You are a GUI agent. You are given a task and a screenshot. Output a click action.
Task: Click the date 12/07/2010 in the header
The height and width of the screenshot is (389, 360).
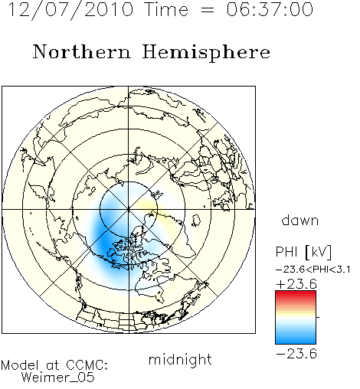(71, 10)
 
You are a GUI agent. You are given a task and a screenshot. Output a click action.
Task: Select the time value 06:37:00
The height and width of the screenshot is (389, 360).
(270, 9)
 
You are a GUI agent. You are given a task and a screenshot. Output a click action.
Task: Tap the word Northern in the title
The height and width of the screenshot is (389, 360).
(82, 51)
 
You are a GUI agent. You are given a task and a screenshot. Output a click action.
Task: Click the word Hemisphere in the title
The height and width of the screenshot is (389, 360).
(206, 52)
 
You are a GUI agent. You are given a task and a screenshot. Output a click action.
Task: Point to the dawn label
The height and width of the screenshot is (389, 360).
(300, 220)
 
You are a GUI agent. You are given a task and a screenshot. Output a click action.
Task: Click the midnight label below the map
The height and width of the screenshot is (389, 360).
(180, 359)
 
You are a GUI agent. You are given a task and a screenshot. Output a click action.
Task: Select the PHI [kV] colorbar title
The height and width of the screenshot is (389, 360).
(303, 252)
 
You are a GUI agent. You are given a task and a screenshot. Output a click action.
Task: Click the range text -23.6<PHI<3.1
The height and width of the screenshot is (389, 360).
(313, 270)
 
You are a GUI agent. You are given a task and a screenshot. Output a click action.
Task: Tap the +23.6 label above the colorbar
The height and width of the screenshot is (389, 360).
(296, 284)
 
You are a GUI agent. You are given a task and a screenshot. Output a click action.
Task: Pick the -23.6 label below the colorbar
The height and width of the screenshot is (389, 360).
(296, 354)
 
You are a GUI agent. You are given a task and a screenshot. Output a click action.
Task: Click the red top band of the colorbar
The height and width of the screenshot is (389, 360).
(296, 294)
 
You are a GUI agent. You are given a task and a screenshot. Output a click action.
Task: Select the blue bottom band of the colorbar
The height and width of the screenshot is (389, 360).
(296, 341)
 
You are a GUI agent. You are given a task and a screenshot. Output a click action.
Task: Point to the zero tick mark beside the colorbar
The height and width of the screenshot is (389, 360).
(318, 317)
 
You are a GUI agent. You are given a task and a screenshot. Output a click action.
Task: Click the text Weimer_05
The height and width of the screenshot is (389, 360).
(57, 377)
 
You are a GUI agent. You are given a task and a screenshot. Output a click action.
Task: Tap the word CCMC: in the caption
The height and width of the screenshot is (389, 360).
(87, 365)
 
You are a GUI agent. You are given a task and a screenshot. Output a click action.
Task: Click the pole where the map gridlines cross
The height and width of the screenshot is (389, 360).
(129, 210)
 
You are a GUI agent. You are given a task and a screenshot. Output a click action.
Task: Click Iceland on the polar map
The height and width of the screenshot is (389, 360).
(196, 221)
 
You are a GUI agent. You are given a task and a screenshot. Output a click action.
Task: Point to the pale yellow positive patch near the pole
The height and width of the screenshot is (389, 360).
(146, 205)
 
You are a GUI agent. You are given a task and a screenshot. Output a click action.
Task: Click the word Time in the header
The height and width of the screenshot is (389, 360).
(166, 9)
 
